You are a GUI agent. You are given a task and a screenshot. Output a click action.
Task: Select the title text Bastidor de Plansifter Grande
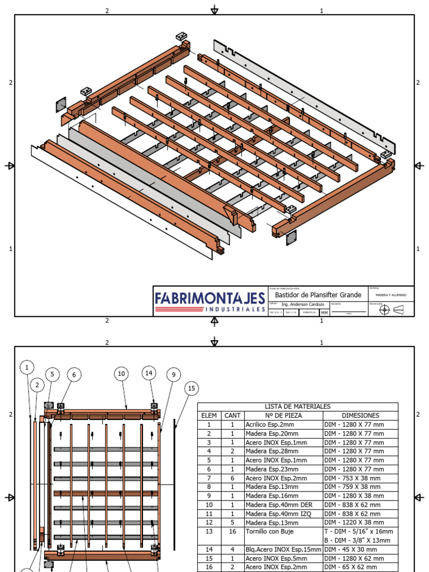coord(318,294)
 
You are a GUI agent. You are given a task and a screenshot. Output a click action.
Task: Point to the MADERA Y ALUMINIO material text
coord(391,294)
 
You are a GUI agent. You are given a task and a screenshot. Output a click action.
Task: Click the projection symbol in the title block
coord(390,309)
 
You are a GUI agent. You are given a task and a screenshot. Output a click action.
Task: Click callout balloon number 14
coord(149,373)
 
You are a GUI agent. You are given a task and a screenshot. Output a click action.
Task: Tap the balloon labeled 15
coord(191,388)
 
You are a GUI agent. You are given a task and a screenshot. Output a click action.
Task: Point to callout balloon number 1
coord(27,367)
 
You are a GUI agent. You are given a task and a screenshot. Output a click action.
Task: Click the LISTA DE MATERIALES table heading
coord(298,407)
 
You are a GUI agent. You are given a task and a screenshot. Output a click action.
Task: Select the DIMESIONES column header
coord(360,416)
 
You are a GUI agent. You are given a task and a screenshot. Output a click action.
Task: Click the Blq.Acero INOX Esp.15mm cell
coord(283,549)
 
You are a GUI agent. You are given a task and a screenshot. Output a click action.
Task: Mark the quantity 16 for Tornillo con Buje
coord(232,531)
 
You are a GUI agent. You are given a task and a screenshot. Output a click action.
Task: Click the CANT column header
coord(232,416)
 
